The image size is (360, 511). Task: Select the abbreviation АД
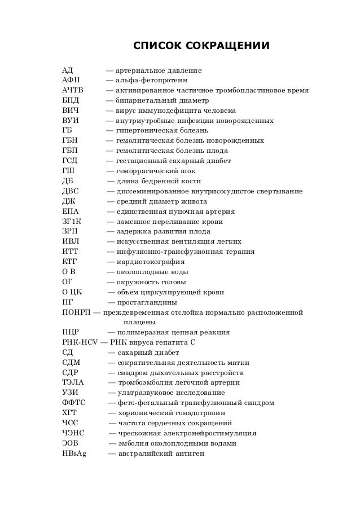[68, 71]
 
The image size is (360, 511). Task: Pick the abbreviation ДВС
[71, 191]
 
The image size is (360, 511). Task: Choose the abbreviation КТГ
[71, 262]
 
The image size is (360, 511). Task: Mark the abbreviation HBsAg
[74, 453]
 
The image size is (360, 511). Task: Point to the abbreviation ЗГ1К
[72, 222]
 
